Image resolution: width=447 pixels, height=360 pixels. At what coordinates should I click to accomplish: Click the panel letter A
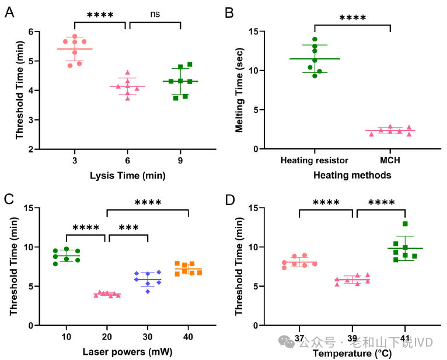(9, 11)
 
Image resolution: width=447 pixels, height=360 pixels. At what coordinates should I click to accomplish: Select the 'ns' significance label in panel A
(155, 14)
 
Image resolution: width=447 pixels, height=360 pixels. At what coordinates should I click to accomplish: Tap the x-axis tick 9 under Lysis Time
(180, 160)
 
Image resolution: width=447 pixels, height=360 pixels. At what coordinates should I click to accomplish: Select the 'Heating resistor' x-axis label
(315, 160)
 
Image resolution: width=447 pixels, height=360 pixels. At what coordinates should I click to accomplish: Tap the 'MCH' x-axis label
(390, 160)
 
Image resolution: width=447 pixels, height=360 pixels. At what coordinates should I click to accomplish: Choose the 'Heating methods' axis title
(352, 175)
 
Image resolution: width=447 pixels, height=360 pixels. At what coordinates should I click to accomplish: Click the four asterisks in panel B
(352, 18)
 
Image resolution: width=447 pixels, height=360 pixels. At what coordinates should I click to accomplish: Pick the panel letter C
(9, 198)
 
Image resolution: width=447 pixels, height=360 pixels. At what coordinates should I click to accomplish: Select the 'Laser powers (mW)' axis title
(127, 352)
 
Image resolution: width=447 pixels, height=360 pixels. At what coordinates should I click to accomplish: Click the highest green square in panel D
(405, 224)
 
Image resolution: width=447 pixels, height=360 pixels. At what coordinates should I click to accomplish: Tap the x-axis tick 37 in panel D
(299, 337)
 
